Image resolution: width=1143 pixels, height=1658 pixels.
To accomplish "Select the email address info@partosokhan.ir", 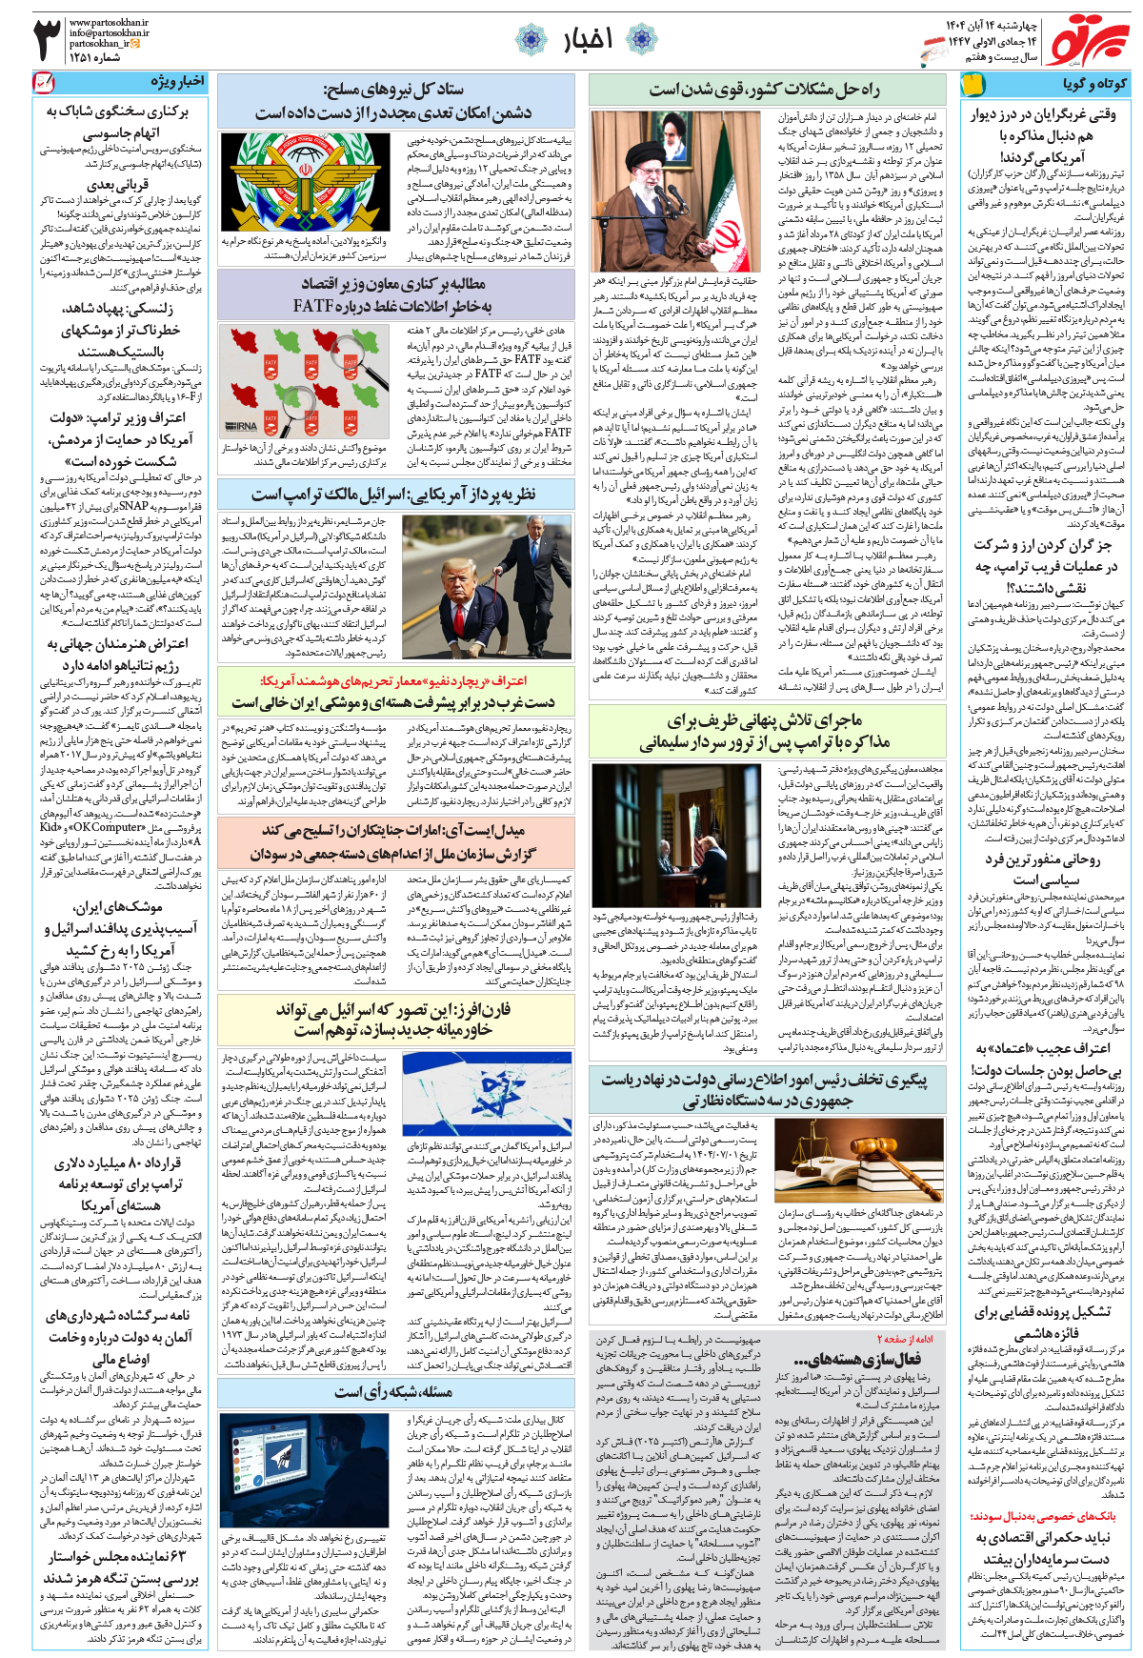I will tap(109, 32).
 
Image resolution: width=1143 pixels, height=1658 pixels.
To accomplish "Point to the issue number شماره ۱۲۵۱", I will tap(95, 57).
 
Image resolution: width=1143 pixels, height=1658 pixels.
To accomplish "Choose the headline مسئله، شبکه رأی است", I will tap(393, 1392).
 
